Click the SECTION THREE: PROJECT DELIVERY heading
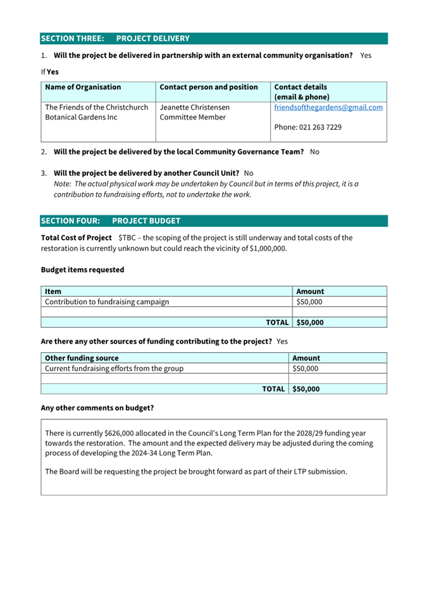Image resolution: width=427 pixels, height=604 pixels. pyautogui.click(x=115, y=39)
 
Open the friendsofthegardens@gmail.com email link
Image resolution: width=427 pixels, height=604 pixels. pyautogui.click(x=328, y=108)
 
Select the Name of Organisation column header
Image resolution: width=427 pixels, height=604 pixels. pyautogui.click(x=83, y=87)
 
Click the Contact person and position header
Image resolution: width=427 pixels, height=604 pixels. pyautogui.click(x=209, y=87)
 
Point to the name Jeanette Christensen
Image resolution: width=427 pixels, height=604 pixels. pyautogui.click(x=195, y=108)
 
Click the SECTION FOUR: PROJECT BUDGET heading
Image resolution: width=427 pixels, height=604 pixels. pyautogui.click(x=111, y=221)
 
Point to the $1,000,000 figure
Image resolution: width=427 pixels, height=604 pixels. pyautogui.click(x=268, y=249)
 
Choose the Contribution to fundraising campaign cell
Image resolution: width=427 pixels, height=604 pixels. pyautogui.click(x=107, y=302)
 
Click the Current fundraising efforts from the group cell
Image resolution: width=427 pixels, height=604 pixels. pyautogui.click(x=114, y=368)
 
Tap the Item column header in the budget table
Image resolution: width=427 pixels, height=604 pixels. pyautogui.click(x=53, y=292)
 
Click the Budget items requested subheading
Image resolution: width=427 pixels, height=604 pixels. pyautogui.click(x=82, y=269)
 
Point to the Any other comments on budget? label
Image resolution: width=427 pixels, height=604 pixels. pyautogui.click(x=97, y=408)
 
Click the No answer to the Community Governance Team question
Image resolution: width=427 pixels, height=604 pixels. pyautogui.click(x=314, y=152)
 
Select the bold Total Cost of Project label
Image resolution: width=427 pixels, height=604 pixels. pyautogui.click(x=76, y=238)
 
